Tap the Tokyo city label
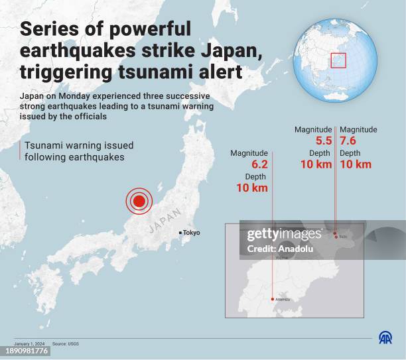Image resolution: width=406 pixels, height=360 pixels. (191, 233)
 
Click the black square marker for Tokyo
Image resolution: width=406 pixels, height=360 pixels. (180, 233)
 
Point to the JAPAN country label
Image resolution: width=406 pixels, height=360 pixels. (164, 220)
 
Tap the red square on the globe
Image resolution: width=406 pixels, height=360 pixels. (338, 60)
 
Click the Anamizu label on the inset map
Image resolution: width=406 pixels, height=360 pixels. (281, 299)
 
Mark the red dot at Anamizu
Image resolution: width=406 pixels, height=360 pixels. (272, 299)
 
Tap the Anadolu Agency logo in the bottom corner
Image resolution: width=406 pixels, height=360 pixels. (385, 337)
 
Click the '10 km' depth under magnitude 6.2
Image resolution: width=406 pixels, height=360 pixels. (252, 188)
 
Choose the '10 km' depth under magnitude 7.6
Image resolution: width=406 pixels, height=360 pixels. (356, 164)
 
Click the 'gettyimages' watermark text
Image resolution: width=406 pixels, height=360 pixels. (283, 235)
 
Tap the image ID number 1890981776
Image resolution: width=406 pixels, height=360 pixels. (25, 351)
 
